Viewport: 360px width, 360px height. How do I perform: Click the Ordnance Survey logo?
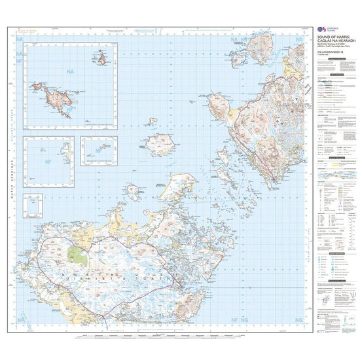(321, 29)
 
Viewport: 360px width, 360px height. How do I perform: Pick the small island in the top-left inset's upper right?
(101, 62)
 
